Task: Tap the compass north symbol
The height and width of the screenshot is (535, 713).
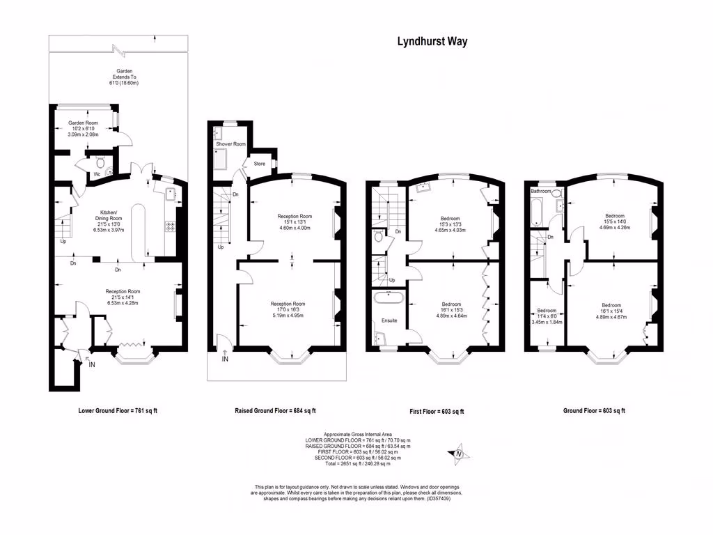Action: [x=459, y=455]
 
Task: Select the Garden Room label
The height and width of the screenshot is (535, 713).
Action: [x=82, y=123]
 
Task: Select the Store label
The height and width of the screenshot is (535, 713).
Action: [x=259, y=164]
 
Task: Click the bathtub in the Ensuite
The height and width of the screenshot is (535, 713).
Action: [x=389, y=297]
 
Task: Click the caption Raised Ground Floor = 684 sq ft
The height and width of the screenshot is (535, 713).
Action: [x=275, y=411]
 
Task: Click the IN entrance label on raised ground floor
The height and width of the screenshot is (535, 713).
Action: [x=224, y=359]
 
